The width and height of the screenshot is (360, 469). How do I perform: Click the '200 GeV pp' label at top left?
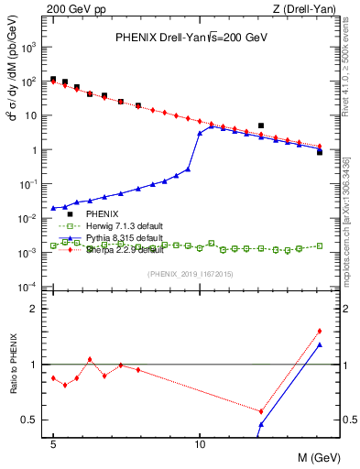[70, 8]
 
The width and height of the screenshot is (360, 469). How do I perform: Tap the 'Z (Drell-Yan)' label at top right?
[305, 8]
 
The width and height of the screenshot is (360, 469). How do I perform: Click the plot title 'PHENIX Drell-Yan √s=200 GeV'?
[190, 38]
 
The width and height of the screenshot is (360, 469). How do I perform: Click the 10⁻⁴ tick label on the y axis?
[33, 288]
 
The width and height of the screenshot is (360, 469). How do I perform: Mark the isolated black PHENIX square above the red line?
[261, 125]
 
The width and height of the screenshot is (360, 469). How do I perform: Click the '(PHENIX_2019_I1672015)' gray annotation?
[190, 275]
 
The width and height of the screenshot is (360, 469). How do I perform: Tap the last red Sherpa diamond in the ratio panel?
[319, 331]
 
